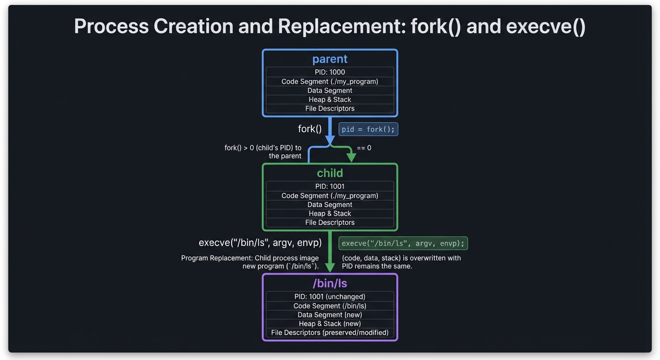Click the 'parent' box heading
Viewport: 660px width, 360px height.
(x=330, y=59)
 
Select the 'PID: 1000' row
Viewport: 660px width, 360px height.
(x=330, y=72)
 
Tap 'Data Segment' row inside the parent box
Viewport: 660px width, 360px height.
(x=330, y=90)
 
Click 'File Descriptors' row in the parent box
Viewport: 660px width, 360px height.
(x=330, y=108)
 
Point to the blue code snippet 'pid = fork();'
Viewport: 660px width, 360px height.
(x=368, y=129)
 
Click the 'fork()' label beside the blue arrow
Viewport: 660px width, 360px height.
(x=310, y=129)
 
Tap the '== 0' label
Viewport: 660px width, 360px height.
(x=364, y=148)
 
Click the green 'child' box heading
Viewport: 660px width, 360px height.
(x=330, y=173)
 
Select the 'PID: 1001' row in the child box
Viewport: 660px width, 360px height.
(x=330, y=186)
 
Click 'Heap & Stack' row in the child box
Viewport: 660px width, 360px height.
(x=330, y=213)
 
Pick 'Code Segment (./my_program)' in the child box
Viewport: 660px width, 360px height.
(x=330, y=195)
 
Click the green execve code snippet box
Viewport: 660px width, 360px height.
(x=403, y=243)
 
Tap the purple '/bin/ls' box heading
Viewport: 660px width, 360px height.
(x=330, y=283)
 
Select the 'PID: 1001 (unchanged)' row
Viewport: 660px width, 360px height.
(x=330, y=296)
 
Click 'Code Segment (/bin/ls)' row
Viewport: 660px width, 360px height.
(x=330, y=306)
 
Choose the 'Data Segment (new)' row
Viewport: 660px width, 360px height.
(x=330, y=315)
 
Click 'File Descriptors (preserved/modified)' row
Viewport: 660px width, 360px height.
(x=330, y=332)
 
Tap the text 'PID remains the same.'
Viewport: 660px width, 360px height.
(x=377, y=266)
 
